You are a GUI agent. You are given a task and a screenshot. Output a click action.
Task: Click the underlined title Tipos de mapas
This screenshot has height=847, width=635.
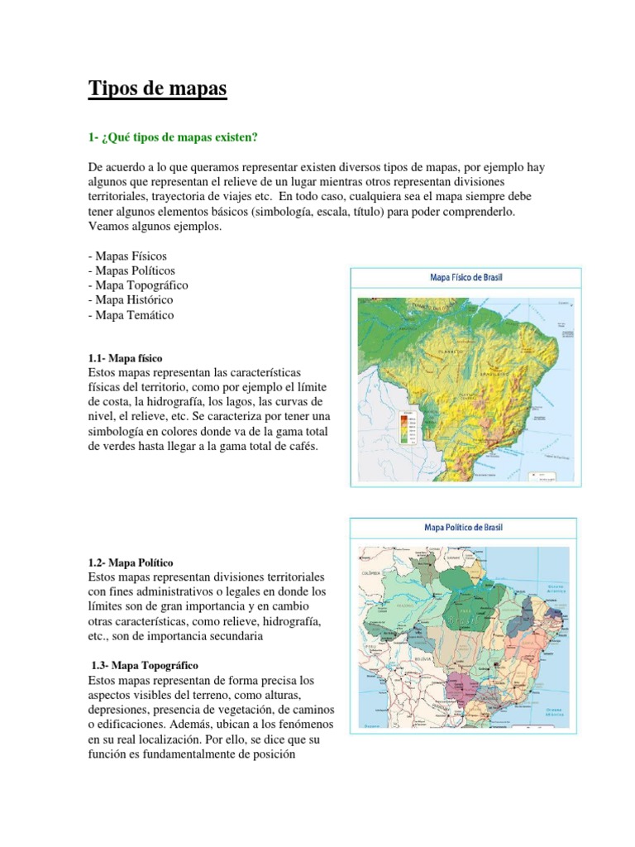(157, 89)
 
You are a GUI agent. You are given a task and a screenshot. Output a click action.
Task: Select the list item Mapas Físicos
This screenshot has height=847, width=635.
(127, 256)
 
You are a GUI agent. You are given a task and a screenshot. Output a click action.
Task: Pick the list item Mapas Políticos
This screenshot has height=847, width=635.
(131, 270)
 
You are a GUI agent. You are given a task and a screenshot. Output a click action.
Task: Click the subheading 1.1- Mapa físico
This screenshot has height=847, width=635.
(125, 358)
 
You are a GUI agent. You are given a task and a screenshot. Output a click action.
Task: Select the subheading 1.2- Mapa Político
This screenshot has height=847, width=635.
(130, 562)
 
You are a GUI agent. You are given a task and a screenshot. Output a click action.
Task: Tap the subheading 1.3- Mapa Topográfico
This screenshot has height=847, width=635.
(143, 665)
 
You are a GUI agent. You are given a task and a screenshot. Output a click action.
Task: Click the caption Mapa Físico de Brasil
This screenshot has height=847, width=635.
(466, 278)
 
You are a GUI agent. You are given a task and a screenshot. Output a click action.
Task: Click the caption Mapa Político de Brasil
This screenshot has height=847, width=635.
(463, 527)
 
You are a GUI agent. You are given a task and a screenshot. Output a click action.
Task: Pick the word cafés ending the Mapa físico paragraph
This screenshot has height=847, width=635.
(299, 446)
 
